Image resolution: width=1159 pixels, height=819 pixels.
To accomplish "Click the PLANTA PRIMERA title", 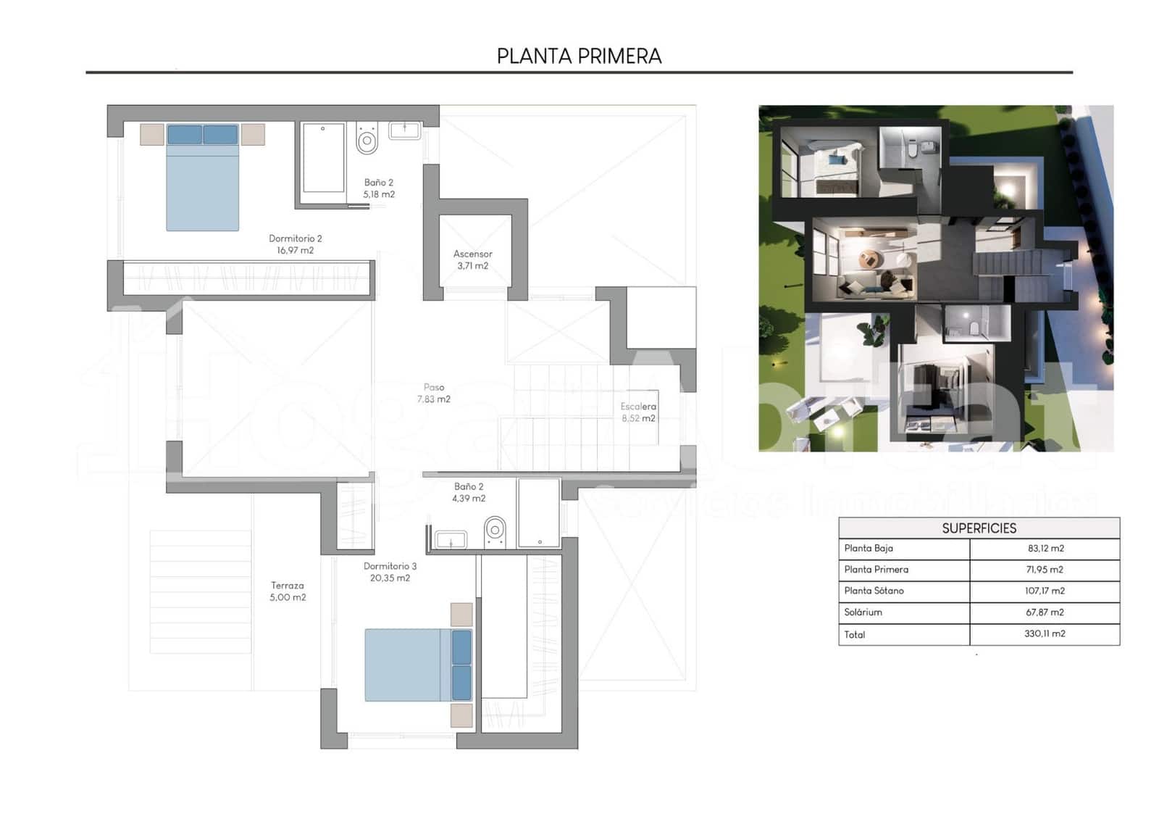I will point(579,56).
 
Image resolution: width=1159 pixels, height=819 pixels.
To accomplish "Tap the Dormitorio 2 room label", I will point(295,244).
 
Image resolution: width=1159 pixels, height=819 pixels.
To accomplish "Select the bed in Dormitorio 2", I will point(203,181).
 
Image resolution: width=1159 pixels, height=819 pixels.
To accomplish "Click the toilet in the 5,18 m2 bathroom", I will point(367,138).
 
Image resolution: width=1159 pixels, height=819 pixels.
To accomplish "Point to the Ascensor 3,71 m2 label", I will point(472,259).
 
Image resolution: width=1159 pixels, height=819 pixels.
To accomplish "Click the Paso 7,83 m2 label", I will point(433,393).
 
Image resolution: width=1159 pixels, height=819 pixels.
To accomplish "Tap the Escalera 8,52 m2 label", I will point(638,412).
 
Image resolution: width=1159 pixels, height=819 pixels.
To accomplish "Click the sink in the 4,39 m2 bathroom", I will point(451,539).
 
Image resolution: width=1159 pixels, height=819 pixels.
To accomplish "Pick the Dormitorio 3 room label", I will point(390,572).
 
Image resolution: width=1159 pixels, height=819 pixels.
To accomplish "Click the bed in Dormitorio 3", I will point(417,665).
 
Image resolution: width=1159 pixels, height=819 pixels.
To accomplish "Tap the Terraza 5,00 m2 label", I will point(288,591).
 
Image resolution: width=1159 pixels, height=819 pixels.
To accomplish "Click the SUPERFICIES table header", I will point(979,528).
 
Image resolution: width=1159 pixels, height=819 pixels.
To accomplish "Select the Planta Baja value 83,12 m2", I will point(1045,549).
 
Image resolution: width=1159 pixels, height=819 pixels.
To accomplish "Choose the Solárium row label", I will point(863,612).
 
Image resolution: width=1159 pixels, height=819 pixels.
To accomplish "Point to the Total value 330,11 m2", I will point(1045,633).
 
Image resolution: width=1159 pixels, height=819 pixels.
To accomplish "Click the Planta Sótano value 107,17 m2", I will point(1045,591).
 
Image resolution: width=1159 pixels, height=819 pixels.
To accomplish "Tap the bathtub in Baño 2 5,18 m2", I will point(323,157).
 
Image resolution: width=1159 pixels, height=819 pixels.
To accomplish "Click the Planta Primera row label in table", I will point(876,570).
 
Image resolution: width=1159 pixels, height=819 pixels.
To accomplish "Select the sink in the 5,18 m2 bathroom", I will point(404,130).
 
